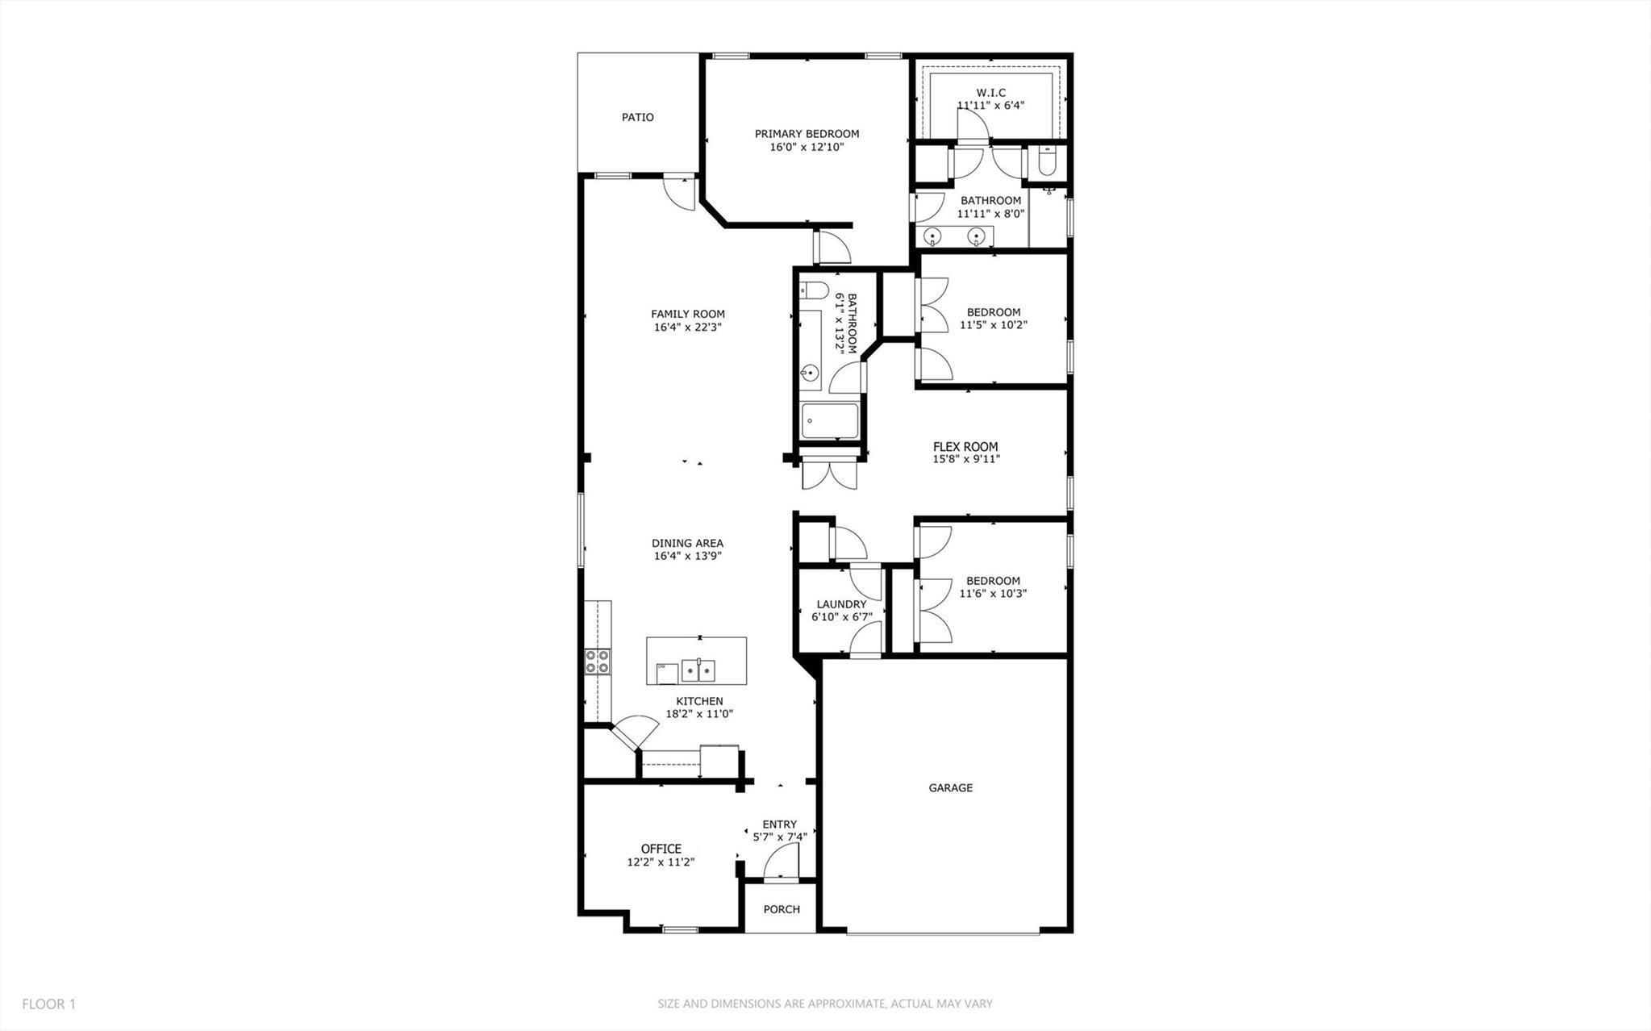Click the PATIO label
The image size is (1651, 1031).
pos(637,117)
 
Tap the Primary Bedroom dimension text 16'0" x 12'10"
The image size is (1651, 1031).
pos(807,147)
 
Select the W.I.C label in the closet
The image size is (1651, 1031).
pos(990,93)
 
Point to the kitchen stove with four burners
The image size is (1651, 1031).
pos(598,662)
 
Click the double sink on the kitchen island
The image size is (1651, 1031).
pos(698,669)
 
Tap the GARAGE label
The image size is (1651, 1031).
pos(950,787)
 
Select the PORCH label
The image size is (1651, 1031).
pos(781,909)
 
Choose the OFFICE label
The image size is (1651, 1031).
pos(661,849)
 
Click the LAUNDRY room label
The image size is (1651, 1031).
pos(841,604)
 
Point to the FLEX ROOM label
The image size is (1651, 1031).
pos(965,446)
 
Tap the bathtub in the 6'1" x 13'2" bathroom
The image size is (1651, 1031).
pos(830,420)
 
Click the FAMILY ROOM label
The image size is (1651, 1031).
pos(688,314)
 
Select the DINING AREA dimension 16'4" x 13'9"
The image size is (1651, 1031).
pos(687,556)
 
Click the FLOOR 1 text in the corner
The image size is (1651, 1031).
pos(48,1004)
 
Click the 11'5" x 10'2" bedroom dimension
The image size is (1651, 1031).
pos(993,325)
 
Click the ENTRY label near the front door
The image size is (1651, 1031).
pos(779,824)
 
